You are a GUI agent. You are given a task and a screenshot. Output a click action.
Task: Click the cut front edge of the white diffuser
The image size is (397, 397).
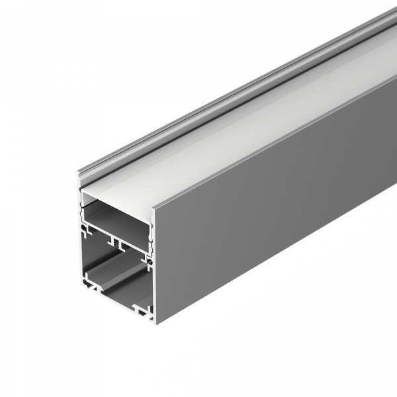[116, 197]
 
